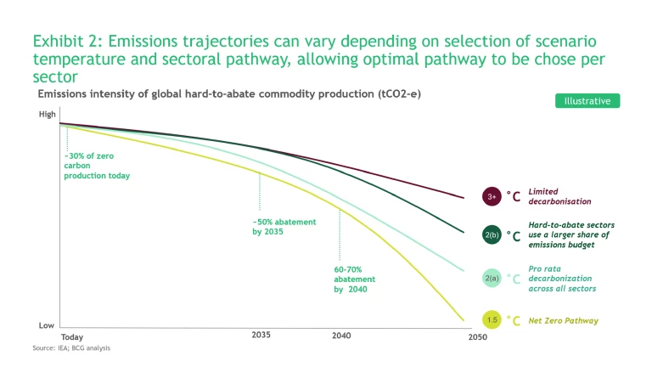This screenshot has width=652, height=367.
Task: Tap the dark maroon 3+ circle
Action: tap(492, 197)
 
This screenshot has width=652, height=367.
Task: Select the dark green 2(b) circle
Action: tap(492, 235)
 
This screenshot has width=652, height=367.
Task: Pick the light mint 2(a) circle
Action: tap(492, 278)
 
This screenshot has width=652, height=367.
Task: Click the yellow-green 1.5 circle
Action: tap(492, 320)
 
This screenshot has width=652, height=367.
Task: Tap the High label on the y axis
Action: tap(47, 114)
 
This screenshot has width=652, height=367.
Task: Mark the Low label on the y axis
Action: tap(47, 325)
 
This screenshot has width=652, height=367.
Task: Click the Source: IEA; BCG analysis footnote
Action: tap(72, 348)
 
